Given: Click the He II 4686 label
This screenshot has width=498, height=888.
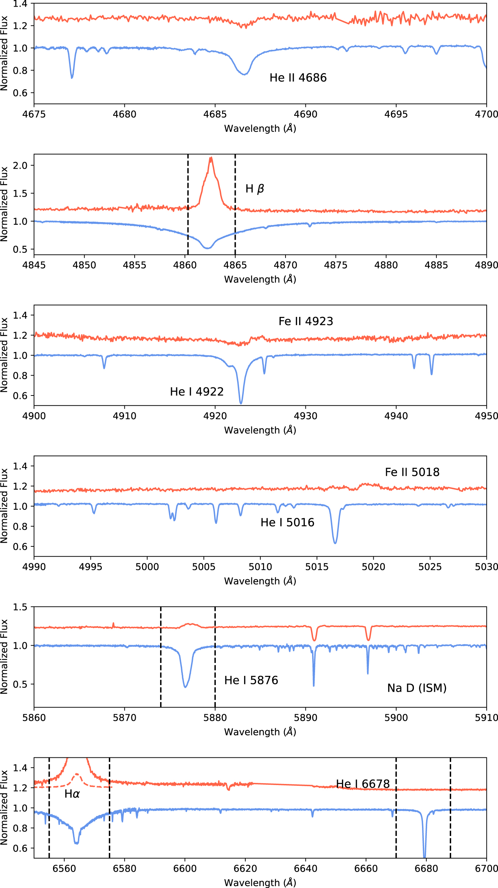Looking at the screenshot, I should point(298,78).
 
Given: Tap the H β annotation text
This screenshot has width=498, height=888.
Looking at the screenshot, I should point(255,189).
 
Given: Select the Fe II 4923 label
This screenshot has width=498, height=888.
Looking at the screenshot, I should point(306,321).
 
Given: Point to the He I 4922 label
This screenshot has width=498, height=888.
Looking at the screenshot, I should point(197,392).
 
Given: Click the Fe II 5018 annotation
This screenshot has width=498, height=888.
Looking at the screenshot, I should point(412,472).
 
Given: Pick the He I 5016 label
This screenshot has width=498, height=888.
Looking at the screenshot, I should point(287,522).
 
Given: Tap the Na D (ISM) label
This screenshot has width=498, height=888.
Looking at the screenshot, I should point(417,688).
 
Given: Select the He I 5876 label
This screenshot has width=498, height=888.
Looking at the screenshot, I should point(251,680).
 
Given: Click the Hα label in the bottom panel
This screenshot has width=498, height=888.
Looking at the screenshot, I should point(72,794).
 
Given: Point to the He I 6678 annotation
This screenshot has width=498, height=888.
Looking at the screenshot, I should point(363,784).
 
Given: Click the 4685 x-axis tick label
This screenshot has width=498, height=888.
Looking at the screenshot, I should point(215,114).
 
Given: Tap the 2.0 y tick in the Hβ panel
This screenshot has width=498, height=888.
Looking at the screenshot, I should point(20,165).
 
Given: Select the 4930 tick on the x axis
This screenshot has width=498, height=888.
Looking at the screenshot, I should point(305,416).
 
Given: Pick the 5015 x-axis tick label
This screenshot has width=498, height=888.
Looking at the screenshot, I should point(317,567).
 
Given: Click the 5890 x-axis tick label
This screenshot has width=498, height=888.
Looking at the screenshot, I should point(305,718).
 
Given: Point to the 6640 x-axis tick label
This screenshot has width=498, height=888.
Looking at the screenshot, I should point(305,869).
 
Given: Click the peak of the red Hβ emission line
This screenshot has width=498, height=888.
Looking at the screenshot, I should point(211,158).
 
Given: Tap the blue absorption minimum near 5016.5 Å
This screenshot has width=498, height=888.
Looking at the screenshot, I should point(335,543).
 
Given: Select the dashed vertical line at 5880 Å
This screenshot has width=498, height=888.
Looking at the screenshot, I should point(215,657).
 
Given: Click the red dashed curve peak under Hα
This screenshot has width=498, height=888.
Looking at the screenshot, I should point(77,774).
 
